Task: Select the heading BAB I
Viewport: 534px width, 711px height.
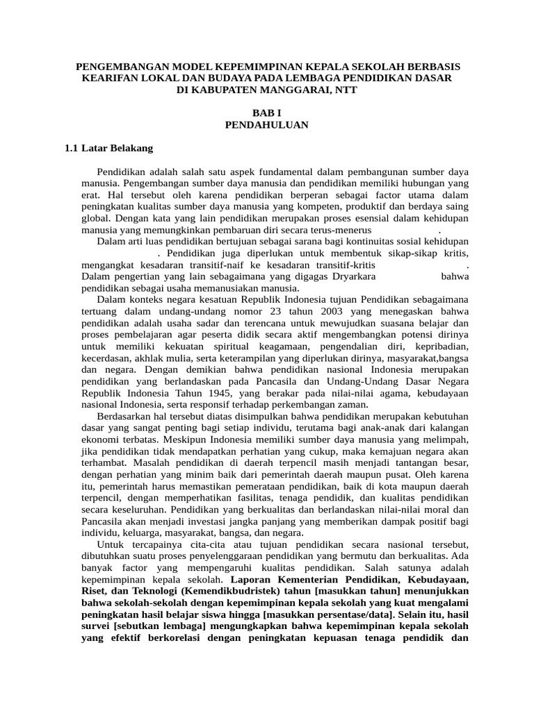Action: pos(266,113)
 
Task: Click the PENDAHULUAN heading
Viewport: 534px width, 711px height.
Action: pos(266,125)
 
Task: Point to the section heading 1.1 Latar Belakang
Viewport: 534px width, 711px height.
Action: pos(108,148)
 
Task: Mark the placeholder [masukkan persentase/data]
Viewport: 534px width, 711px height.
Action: pos(323,614)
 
